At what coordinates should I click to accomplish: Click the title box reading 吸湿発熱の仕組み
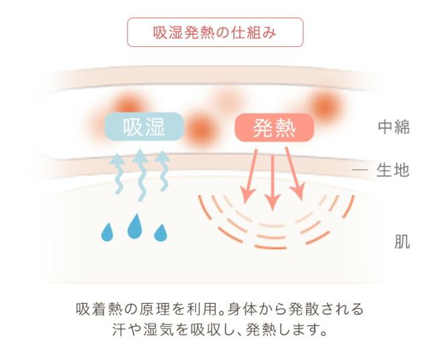215,32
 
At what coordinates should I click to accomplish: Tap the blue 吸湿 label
144,127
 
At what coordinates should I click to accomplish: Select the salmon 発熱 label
273,127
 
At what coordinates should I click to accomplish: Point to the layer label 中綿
393,128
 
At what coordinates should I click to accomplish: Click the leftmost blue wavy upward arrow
118,174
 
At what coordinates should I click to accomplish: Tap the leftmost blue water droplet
107,232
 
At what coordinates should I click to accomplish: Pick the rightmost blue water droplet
160,232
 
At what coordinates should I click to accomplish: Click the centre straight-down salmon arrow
271,181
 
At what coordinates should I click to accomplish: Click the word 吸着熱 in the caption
97,310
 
